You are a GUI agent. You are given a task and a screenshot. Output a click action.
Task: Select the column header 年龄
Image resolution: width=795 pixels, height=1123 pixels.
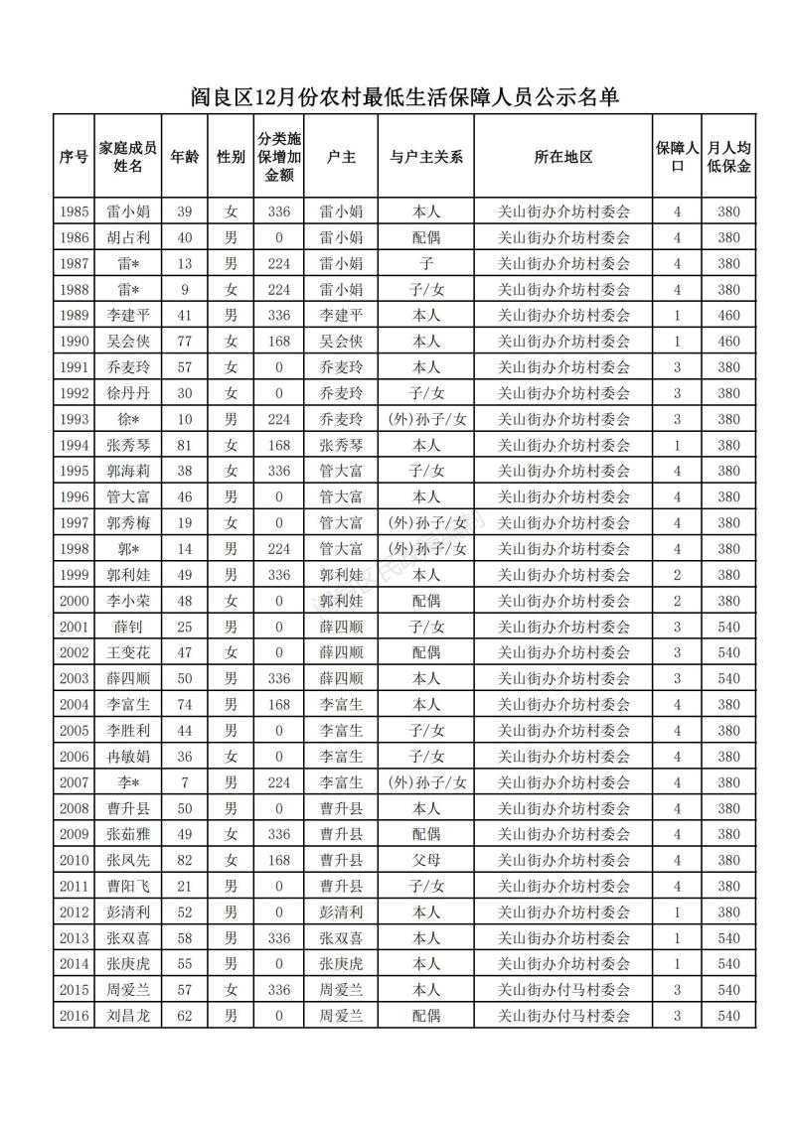click(x=184, y=157)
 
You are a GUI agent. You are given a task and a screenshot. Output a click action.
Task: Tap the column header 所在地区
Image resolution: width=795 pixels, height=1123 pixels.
click(x=562, y=157)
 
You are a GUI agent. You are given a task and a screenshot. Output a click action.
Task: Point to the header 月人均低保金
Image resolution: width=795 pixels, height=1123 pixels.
click(x=728, y=157)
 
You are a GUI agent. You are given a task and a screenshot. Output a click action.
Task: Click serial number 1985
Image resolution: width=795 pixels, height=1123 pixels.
click(x=75, y=211)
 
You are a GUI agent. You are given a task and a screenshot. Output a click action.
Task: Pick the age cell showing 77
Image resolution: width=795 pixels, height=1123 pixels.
click(x=184, y=341)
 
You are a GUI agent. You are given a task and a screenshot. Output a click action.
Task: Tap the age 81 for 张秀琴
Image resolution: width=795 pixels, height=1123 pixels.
click(x=184, y=445)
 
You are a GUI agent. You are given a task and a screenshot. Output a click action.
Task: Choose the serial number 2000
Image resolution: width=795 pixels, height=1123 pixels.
click(x=75, y=601)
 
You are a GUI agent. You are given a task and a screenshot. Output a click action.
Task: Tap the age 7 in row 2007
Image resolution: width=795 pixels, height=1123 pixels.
click(x=184, y=782)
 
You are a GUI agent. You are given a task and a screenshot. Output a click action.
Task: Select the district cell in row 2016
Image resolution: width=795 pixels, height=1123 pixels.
click(x=562, y=1016)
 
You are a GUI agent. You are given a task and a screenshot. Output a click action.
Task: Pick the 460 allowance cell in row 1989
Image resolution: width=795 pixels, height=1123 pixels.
click(x=728, y=315)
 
